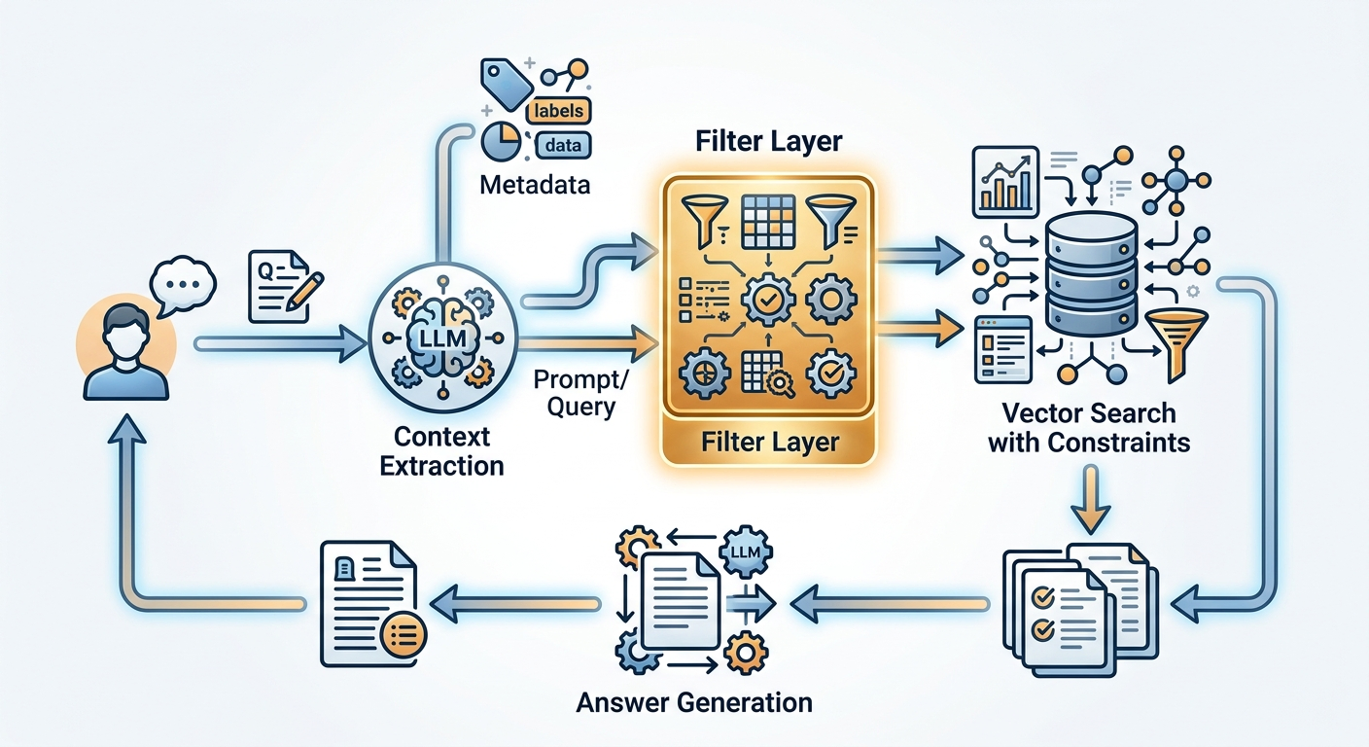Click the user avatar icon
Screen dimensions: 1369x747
125,348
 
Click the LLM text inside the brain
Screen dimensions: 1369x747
443,338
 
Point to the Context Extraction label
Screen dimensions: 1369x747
441,451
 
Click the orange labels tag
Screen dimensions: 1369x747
558,111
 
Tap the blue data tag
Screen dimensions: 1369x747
563,146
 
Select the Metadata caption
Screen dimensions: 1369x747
535,185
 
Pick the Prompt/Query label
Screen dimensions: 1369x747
580,393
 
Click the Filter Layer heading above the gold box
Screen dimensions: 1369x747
769,141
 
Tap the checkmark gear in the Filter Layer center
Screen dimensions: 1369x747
767,300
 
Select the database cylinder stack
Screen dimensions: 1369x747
1092,274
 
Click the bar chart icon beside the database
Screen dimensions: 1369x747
1005,182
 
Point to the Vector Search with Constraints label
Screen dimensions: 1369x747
1089,428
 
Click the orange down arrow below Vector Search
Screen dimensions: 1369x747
1090,499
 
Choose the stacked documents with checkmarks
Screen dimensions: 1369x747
1080,609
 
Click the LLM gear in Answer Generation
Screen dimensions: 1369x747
746,552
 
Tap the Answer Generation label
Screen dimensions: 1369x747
694,703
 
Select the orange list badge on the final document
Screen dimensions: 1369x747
404,634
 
